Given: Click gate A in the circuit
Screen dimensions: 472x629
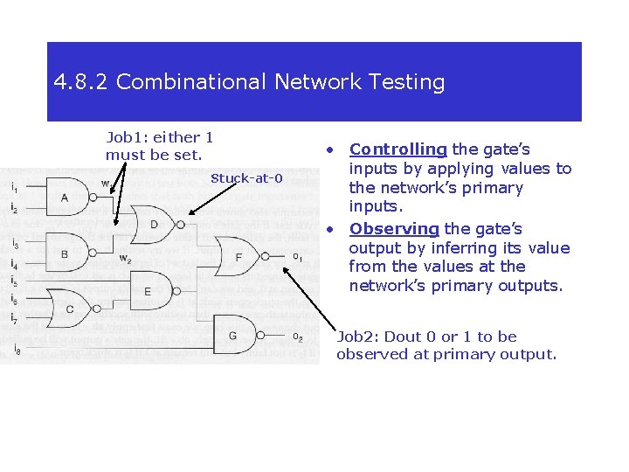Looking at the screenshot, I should pyautogui.click(x=66, y=198).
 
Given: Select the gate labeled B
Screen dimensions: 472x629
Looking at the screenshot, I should pyautogui.click(x=66, y=253).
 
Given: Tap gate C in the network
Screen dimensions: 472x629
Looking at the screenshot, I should pyautogui.click(x=70, y=308).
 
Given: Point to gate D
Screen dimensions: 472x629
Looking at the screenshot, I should pyautogui.click(x=154, y=225).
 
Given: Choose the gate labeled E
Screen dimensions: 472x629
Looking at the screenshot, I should pyautogui.click(x=149, y=290).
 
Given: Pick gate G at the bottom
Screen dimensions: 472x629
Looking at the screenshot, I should pyautogui.click(x=234, y=336).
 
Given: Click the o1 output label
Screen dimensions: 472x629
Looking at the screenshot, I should pyautogui.click(x=297, y=257).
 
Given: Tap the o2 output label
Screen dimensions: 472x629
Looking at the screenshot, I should pyautogui.click(x=297, y=337).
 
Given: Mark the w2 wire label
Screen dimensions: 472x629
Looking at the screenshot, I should pyautogui.click(x=126, y=259).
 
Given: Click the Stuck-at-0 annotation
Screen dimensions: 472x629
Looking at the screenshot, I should pyautogui.click(x=246, y=178).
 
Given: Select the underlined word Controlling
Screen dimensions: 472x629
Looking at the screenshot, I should pyautogui.click(x=398, y=149).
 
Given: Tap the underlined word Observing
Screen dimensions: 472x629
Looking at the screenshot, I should pyautogui.click(x=393, y=229).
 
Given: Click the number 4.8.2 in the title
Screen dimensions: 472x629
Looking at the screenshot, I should pyautogui.click(x=81, y=82).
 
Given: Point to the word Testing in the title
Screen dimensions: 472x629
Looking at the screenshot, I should pyautogui.click(x=404, y=82).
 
